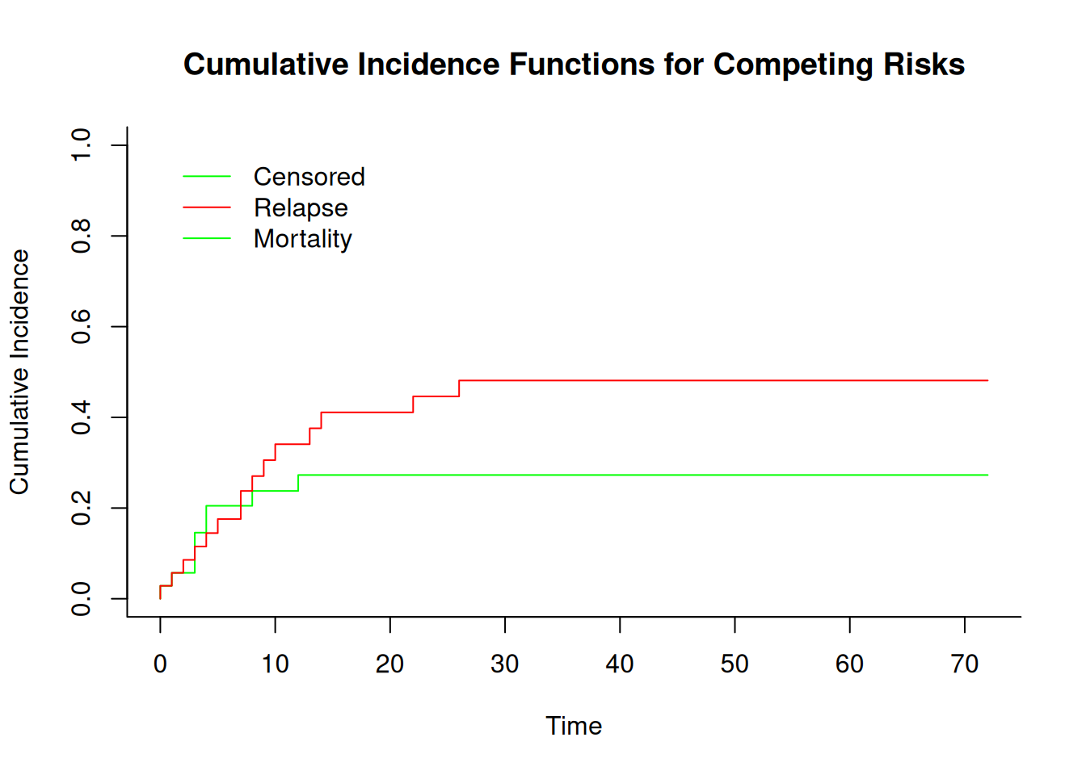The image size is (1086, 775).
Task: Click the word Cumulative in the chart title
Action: click(x=266, y=65)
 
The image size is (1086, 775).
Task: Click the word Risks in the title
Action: click(x=924, y=65)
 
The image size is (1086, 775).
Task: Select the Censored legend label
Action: click(x=309, y=177)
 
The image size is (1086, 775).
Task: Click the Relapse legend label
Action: click(x=301, y=208)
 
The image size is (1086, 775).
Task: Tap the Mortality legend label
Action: click(x=302, y=239)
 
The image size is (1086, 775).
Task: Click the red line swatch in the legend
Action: click(x=207, y=207)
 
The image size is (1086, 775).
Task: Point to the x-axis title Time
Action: click(x=574, y=726)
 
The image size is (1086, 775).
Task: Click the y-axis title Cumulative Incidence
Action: click(x=19, y=372)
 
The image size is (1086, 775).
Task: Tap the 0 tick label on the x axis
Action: click(x=160, y=664)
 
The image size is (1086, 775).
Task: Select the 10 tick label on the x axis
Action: click(x=275, y=664)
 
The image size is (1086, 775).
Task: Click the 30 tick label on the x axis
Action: click(x=505, y=664)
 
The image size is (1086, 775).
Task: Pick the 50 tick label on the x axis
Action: click(x=735, y=664)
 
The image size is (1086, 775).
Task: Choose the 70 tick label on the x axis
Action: click(x=964, y=664)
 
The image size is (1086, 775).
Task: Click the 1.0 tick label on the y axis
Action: click(x=81, y=145)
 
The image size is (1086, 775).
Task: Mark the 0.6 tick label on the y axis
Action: click(x=81, y=326)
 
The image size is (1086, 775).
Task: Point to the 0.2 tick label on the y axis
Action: click(x=81, y=508)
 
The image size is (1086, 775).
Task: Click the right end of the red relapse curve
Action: click(x=987, y=381)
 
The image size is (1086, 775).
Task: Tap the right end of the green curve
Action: click(x=987, y=475)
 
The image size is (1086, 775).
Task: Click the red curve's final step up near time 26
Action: click(x=459, y=388)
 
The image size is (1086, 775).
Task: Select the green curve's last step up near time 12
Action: click(x=298, y=483)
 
